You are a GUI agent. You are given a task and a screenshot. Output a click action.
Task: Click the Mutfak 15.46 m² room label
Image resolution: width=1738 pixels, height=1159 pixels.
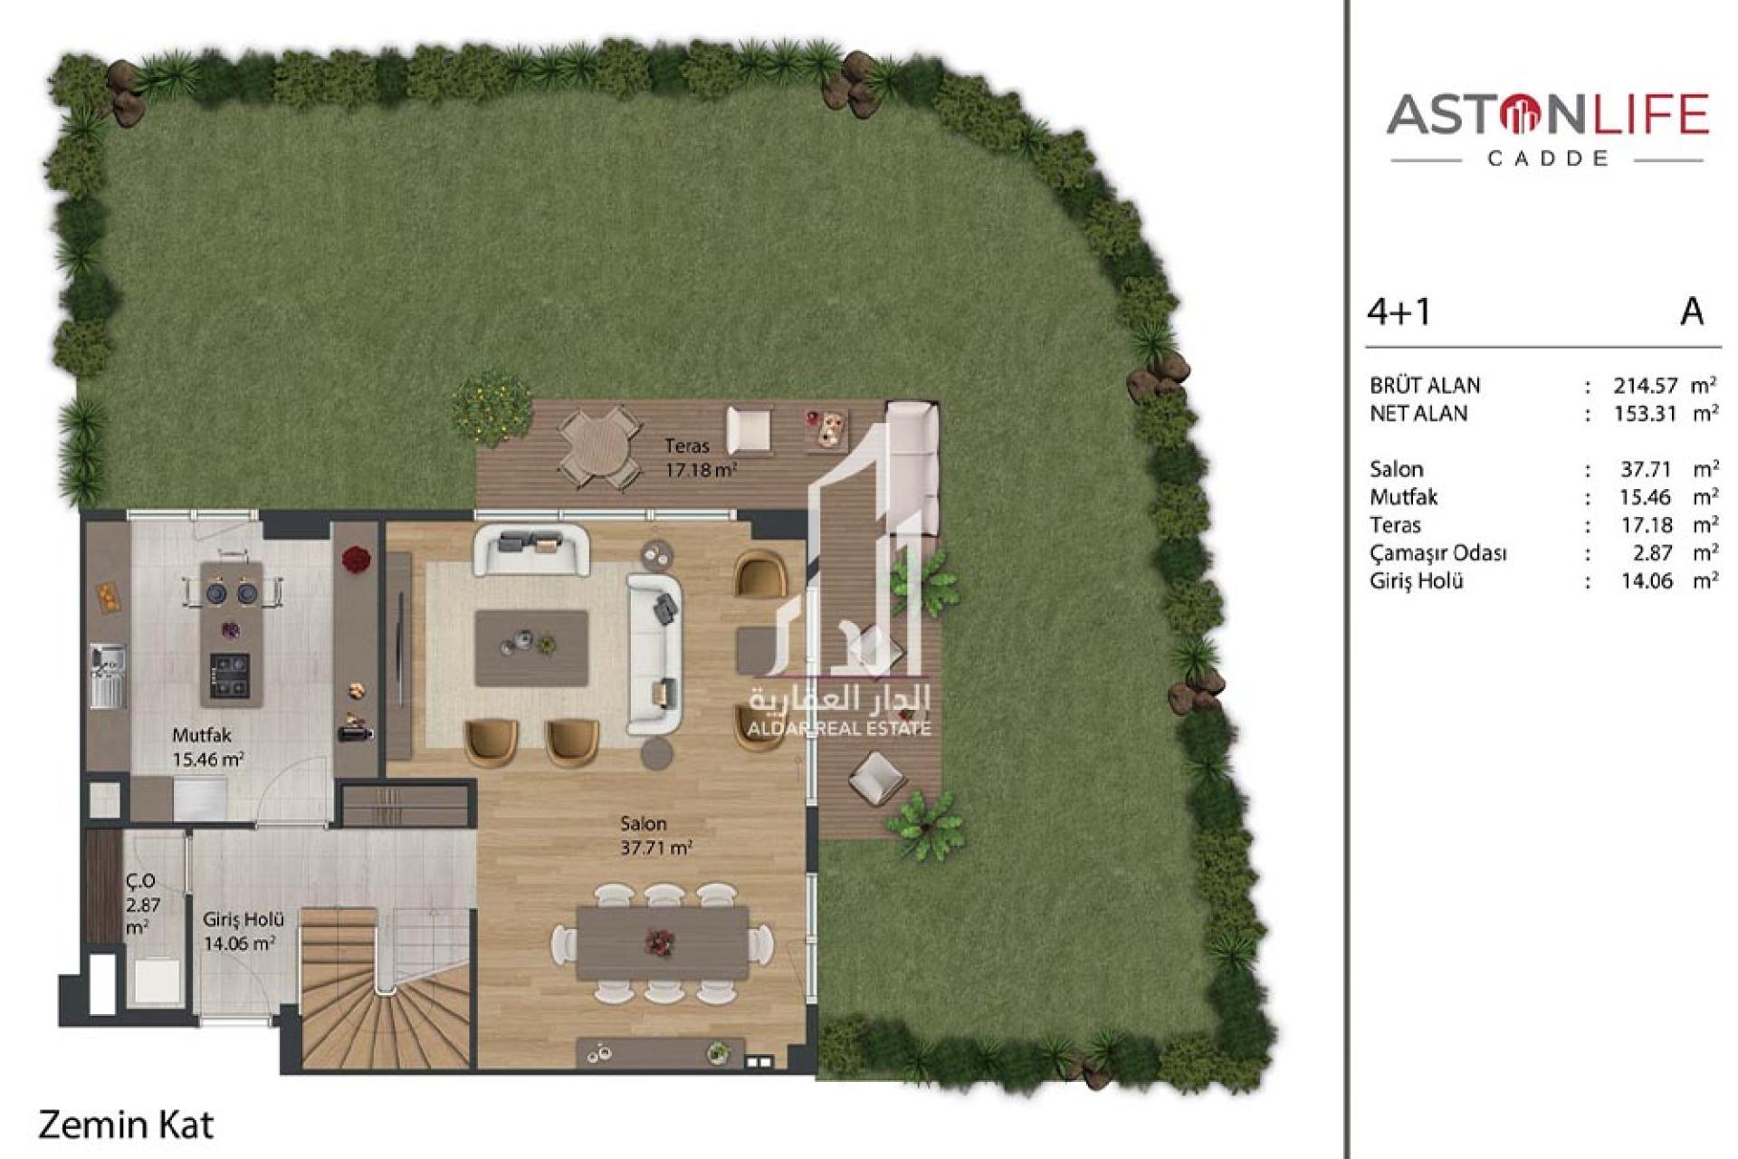pos(207,747)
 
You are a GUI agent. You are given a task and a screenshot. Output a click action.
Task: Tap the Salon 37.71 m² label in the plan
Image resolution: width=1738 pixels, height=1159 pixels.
pos(656,836)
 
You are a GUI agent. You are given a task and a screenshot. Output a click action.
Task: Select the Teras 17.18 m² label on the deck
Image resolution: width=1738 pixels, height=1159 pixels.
pos(701,458)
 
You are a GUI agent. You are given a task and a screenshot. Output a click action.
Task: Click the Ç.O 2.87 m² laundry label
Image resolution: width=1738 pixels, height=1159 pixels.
pos(142,904)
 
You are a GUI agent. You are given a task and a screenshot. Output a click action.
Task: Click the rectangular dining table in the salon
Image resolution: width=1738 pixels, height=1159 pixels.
pos(663,943)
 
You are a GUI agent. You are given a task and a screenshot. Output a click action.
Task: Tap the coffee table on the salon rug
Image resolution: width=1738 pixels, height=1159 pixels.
pos(531,647)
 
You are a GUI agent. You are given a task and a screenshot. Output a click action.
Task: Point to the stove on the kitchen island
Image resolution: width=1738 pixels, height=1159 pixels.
pos(229,675)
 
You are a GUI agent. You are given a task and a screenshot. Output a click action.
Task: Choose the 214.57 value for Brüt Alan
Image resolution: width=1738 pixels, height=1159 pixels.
pos(1646,386)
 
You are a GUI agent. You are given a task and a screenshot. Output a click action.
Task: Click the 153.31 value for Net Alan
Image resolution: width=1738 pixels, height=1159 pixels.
pos(1646,414)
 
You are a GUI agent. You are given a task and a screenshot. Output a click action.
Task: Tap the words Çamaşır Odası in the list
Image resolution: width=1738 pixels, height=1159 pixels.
pos(1437,553)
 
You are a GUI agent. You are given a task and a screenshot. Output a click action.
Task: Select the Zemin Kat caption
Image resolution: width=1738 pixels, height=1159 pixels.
pos(126,1125)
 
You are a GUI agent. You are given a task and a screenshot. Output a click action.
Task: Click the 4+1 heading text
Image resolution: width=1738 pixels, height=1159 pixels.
pos(1399,311)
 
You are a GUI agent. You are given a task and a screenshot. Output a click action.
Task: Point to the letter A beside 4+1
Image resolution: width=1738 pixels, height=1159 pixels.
pos(1692,311)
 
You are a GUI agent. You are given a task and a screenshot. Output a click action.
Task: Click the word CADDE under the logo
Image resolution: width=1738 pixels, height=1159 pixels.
pos(1548,158)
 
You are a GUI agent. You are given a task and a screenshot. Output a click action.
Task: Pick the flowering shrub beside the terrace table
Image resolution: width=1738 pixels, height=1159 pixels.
pos(492,407)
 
